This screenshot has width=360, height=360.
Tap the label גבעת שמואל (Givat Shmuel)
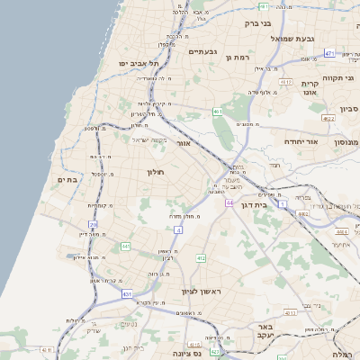coord(316,39)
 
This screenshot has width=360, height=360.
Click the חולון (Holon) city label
coord(154,170)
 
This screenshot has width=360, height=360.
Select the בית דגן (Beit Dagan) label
coord(256,205)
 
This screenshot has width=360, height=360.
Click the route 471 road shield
coord(329,54)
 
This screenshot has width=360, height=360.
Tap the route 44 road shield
coord(230,203)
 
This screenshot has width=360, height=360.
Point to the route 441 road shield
coord(126,246)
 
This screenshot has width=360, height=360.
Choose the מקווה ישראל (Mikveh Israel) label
coord(150,139)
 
